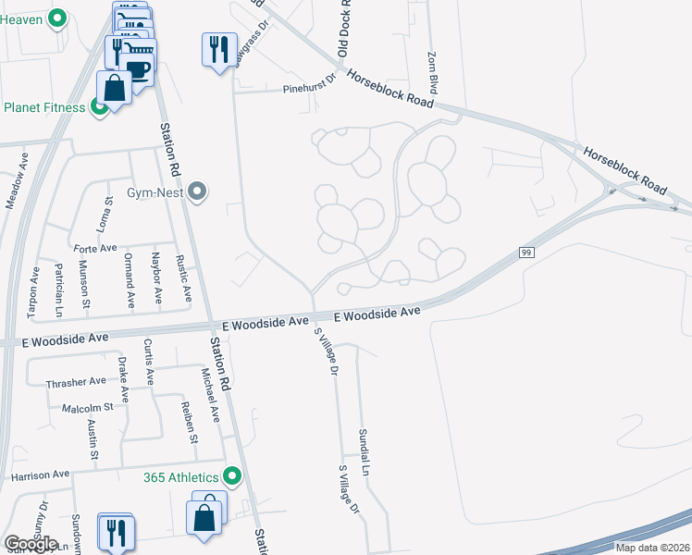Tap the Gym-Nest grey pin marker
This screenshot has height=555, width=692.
click(x=196, y=192)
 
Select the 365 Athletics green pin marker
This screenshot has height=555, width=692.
click(x=232, y=477)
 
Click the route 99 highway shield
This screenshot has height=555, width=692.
click(x=526, y=252)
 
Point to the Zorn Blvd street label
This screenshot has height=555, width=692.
click(x=430, y=68)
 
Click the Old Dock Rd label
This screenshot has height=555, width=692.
click(x=343, y=28)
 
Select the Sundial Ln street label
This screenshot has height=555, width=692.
click(x=365, y=452)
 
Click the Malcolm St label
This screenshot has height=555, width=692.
click(x=87, y=407)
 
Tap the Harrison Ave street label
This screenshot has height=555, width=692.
click(x=41, y=475)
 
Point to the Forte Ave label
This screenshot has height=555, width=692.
click(x=95, y=248)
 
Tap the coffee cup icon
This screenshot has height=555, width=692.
click(x=140, y=70)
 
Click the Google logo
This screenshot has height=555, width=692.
click(x=31, y=544)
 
